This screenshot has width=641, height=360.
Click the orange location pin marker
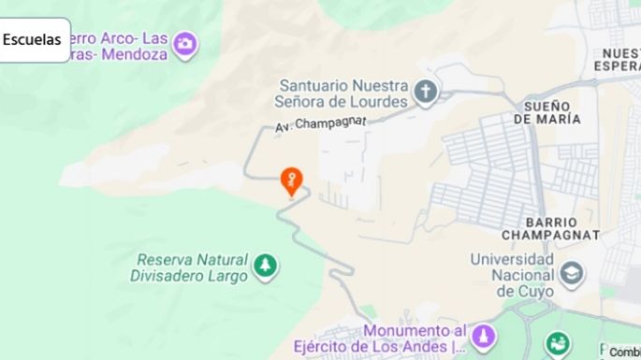coord(292,180)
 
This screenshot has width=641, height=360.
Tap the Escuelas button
coord(33,39)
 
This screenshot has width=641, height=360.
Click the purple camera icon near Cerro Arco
coord(185,43)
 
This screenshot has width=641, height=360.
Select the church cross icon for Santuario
coord(427,92)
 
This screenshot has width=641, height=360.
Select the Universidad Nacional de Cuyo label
coord(513,274)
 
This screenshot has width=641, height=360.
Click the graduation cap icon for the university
coord(571,274)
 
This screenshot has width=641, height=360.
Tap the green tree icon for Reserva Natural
coord(267,266)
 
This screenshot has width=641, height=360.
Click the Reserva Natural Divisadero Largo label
coord(192,267)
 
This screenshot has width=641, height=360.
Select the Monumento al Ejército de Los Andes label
coord(415,339)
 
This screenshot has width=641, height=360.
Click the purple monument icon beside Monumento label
coord(484,336)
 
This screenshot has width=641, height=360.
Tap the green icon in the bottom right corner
coord(558,344)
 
